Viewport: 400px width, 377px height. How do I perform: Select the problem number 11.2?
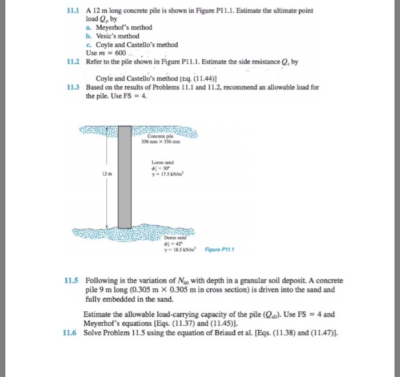73,61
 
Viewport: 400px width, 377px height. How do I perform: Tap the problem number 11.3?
73,88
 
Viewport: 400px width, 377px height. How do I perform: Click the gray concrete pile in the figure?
125,177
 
